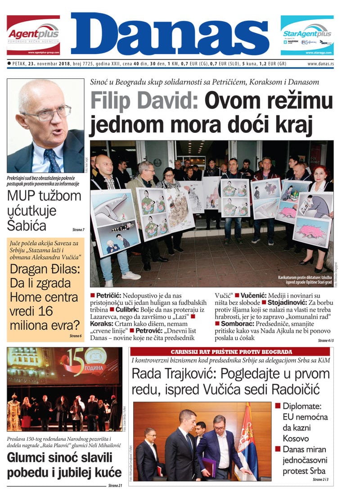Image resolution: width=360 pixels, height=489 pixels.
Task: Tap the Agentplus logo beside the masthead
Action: [33, 35]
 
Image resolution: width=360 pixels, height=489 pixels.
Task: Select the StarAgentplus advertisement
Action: [307, 35]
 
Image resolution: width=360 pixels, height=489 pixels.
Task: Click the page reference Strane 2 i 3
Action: [322, 480]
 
